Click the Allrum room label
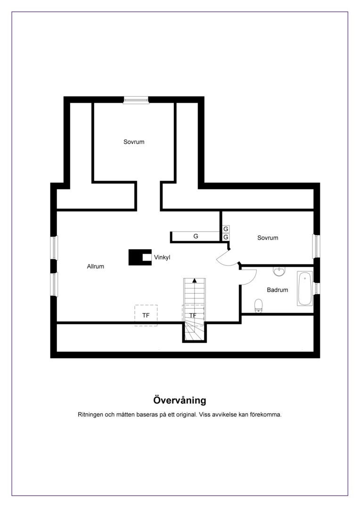96,266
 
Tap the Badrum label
278,290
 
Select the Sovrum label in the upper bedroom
134,142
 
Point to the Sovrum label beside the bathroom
268,238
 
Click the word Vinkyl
162,257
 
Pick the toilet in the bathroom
258,305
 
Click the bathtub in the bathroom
305,288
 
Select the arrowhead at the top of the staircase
195,280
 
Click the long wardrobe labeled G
196,236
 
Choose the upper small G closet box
226,229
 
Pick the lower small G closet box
226,237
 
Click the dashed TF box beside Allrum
146,315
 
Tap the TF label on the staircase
193,315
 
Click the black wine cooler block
140,257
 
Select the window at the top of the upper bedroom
136,100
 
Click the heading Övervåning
180,400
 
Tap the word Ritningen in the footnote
91,415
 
